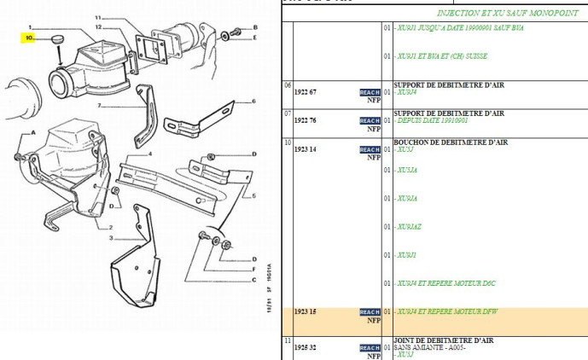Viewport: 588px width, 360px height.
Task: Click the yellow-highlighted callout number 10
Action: pyautogui.click(x=29, y=38)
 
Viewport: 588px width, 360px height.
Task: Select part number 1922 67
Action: pyautogui.click(x=306, y=91)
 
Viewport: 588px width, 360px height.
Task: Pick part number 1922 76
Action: pyautogui.click(x=306, y=120)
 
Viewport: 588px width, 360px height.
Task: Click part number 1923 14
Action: pyautogui.click(x=306, y=149)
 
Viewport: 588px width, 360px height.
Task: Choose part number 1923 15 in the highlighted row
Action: pyautogui.click(x=306, y=312)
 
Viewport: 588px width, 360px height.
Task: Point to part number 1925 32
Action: pyautogui.click(x=306, y=348)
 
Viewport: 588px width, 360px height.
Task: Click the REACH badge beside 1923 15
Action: pyautogui.click(x=370, y=312)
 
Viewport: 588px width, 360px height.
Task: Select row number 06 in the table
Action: pyautogui.click(x=288, y=84)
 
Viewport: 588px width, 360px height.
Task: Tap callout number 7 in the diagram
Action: pyautogui.click(x=99, y=107)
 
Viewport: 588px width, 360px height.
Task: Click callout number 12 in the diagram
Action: pyautogui.click(x=99, y=26)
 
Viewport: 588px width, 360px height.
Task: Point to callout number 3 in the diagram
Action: pyautogui.click(x=111, y=238)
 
